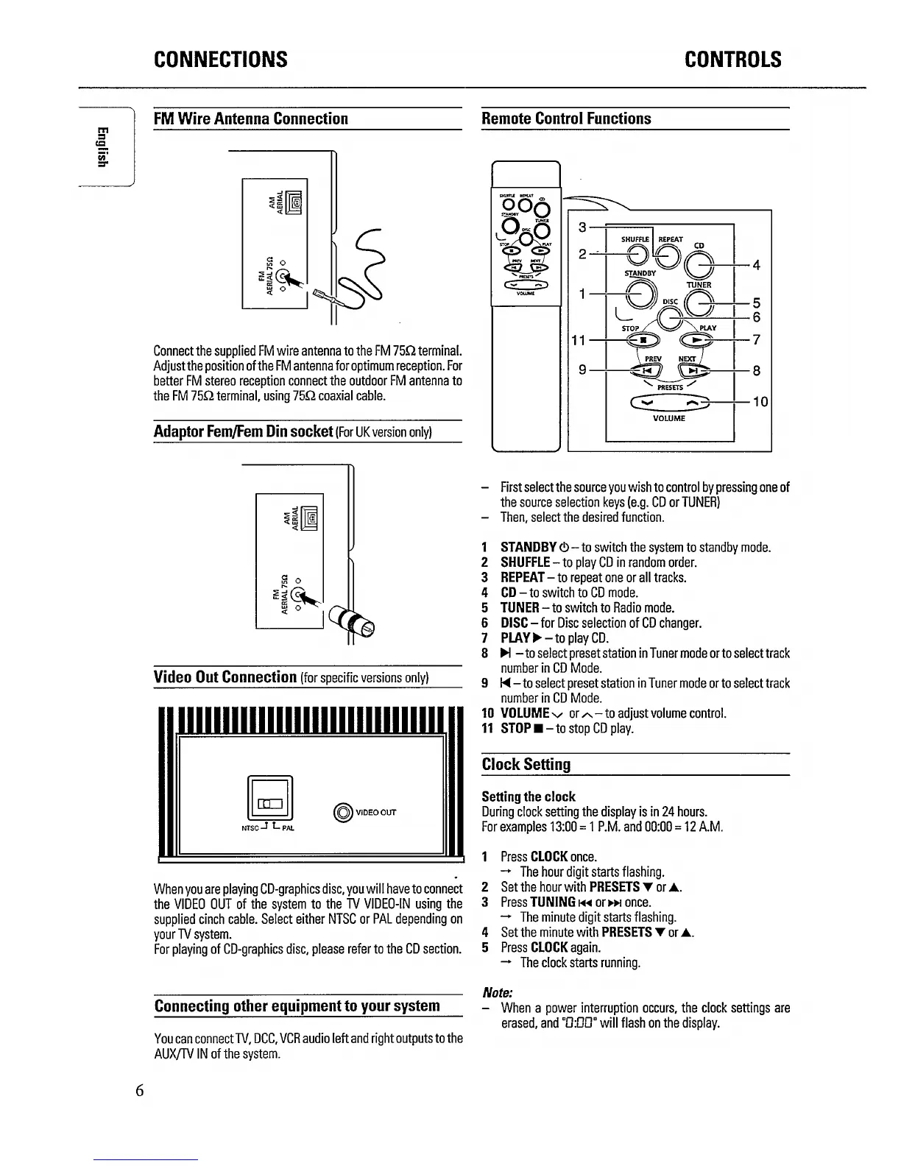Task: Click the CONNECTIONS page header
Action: tap(220, 60)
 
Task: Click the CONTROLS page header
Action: tap(732, 60)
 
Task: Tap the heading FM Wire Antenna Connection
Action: tap(250, 119)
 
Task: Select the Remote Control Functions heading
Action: tap(566, 119)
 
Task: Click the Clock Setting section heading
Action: tap(526, 764)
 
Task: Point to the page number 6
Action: tap(139, 1090)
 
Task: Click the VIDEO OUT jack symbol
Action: tap(344, 813)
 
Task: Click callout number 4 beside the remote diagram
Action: tap(756, 266)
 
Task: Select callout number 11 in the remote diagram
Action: tap(579, 340)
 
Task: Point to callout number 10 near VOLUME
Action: tap(760, 401)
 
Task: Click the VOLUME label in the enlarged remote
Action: tap(669, 418)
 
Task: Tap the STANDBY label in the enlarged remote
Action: tap(640, 273)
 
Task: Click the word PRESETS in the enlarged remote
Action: tap(670, 386)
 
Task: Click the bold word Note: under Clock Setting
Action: tap(497, 992)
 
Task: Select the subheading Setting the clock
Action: tap(528, 796)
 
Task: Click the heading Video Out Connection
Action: tap(225, 676)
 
